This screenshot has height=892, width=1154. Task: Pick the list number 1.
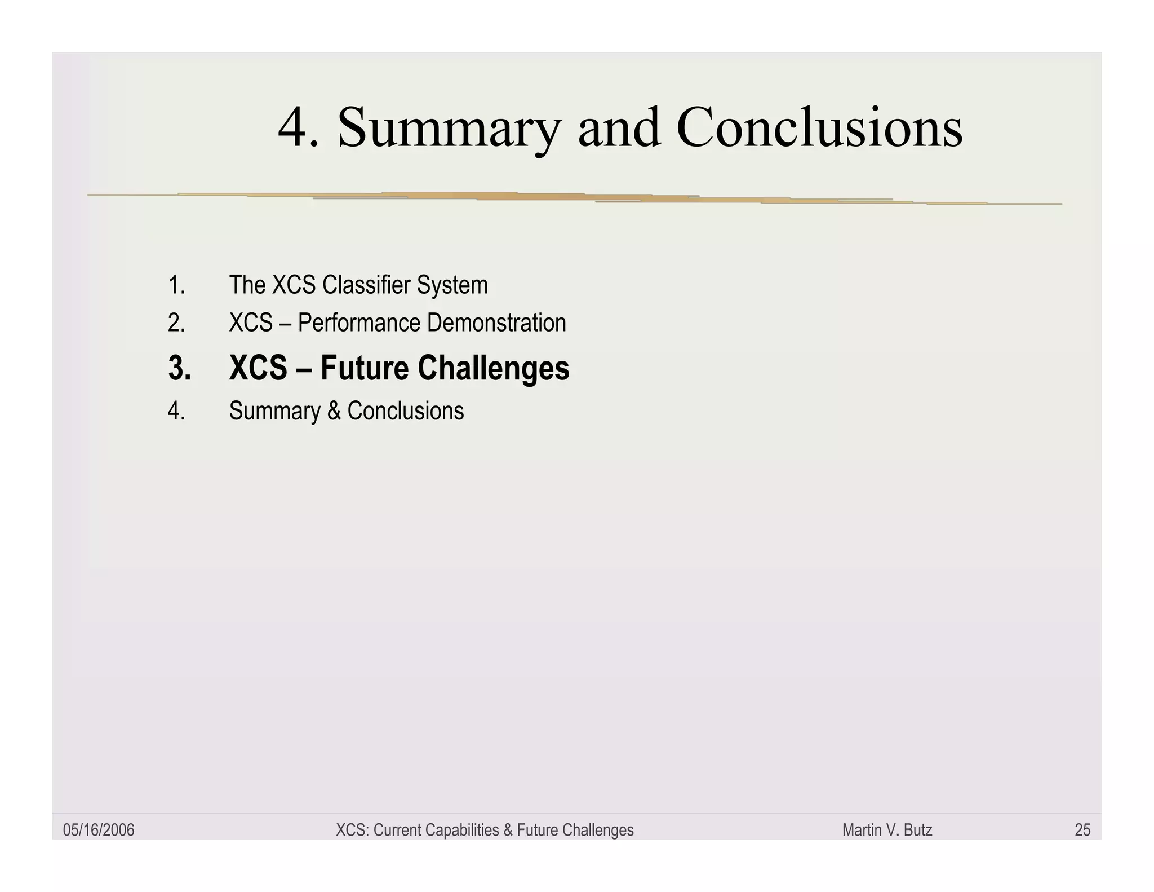pyautogui.click(x=176, y=285)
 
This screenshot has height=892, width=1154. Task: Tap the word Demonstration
pyautogui.click(x=496, y=323)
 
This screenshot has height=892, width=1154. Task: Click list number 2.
pyautogui.click(x=176, y=323)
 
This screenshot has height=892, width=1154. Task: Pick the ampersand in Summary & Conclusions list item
pyautogui.click(x=334, y=411)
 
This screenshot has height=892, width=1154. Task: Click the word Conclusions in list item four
pyautogui.click(x=405, y=411)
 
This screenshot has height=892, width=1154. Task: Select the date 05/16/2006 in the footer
pyautogui.click(x=99, y=830)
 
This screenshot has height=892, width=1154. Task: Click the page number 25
pyautogui.click(x=1082, y=830)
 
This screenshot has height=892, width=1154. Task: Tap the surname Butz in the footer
pyautogui.click(x=918, y=830)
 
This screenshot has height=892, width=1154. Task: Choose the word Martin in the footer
pyautogui.click(x=860, y=830)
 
